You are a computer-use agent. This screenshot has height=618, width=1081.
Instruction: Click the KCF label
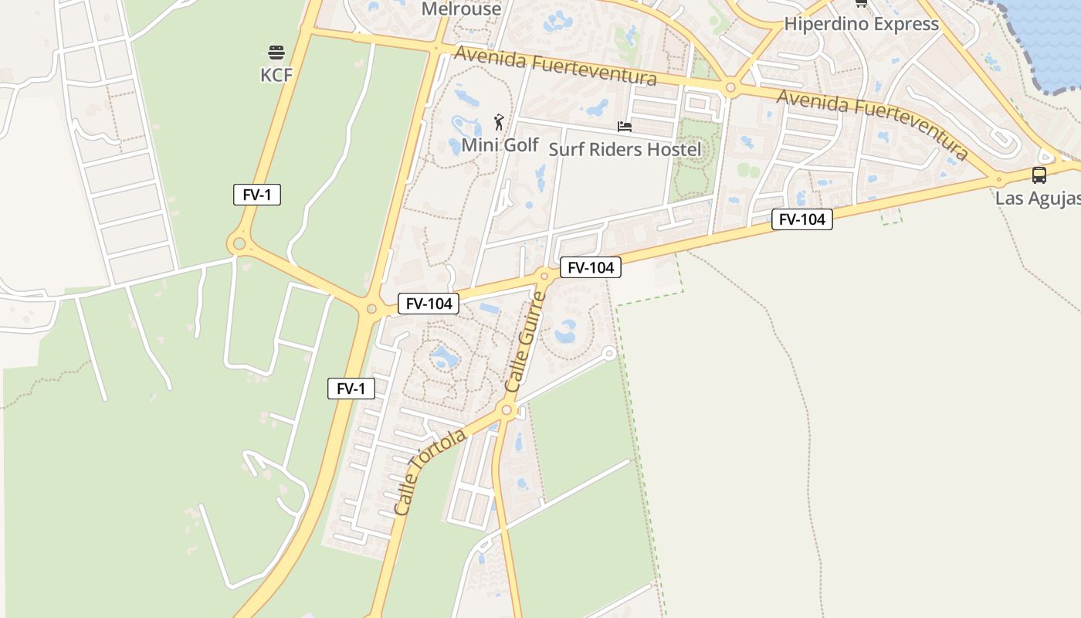pos(276,75)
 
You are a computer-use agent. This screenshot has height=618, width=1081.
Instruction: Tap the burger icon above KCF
pos(276,53)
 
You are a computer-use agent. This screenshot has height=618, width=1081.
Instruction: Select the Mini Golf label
pos(500,144)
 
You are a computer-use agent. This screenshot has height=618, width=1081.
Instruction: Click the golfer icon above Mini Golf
pos(500,122)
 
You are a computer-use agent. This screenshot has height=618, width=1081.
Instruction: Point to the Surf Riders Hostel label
pos(625,149)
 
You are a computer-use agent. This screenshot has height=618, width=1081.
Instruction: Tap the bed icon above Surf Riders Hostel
pos(625,126)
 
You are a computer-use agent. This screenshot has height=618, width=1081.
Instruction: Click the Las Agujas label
pos(1037,198)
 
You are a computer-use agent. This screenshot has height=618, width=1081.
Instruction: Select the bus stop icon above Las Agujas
pos(1039,175)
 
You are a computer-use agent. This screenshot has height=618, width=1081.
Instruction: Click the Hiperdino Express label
pos(861,24)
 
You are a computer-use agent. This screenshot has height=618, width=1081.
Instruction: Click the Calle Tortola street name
pos(429,471)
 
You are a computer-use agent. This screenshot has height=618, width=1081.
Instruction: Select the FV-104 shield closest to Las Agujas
pos(801,219)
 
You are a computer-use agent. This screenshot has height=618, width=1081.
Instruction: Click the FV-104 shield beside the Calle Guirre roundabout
pos(590,267)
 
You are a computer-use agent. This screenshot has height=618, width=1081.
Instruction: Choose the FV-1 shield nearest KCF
pos(256,195)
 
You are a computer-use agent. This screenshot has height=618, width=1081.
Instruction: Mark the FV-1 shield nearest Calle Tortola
pos(351,389)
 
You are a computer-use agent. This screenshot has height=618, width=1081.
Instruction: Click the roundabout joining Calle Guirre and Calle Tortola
pos(507,410)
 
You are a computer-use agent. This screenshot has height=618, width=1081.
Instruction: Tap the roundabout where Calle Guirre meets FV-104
pos(544,276)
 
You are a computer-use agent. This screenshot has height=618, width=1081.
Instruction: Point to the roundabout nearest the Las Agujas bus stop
pos(998,178)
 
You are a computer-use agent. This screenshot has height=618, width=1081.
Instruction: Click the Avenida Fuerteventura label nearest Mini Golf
pos(555,66)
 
